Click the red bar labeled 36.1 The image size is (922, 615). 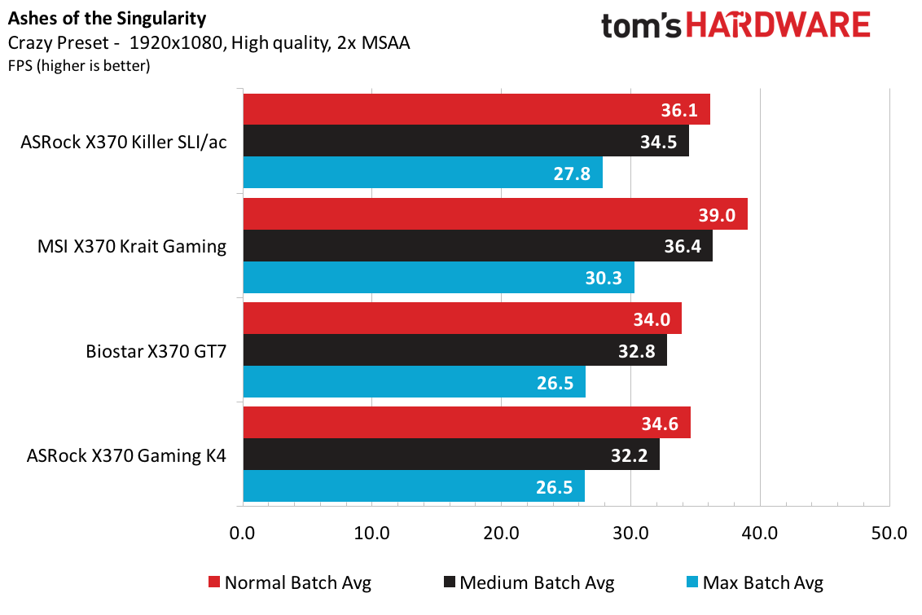pyautogui.click(x=476, y=109)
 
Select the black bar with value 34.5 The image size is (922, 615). pyautogui.click(x=465, y=141)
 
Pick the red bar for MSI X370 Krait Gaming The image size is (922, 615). pyautogui.click(x=494, y=214)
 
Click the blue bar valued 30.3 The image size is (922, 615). pyautogui.click(x=438, y=278)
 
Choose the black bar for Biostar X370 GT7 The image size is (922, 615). pyautogui.click(x=454, y=349)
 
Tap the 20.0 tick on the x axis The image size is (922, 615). pyautogui.click(x=501, y=534)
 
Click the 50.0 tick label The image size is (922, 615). pyautogui.click(x=889, y=534)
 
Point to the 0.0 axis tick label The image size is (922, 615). pyautogui.click(x=243, y=534)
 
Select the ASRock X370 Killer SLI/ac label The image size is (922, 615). pyautogui.click(x=124, y=142)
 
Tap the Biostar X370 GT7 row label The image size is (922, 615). pyautogui.click(x=156, y=352)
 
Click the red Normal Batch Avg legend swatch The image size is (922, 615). pyautogui.click(x=214, y=582)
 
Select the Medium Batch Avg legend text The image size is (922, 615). pyautogui.click(x=537, y=582)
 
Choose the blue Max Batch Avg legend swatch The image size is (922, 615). pyautogui.click(x=693, y=582)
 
